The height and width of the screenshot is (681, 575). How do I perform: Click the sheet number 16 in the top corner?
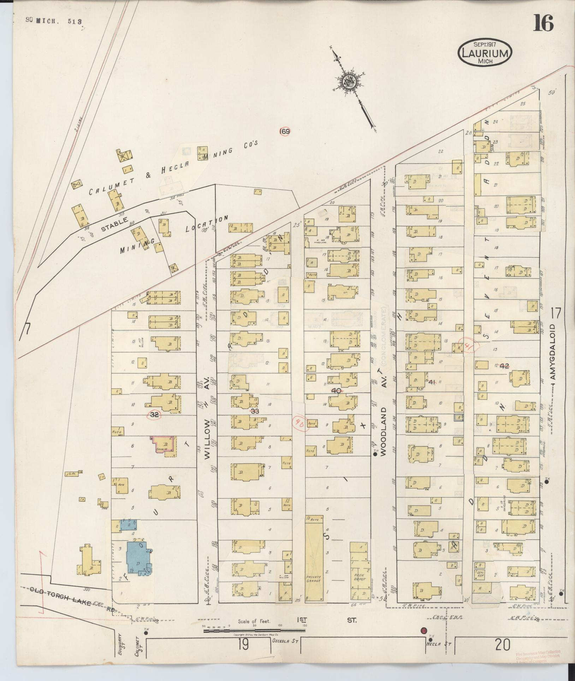point(543,23)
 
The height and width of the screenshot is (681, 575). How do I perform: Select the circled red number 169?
point(285,132)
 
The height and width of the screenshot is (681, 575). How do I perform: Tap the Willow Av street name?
point(207,435)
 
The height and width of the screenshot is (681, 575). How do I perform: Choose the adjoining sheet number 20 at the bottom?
point(502,645)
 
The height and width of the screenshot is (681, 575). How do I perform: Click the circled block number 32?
point(154,415)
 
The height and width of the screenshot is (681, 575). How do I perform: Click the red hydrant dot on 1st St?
point(423,630)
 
